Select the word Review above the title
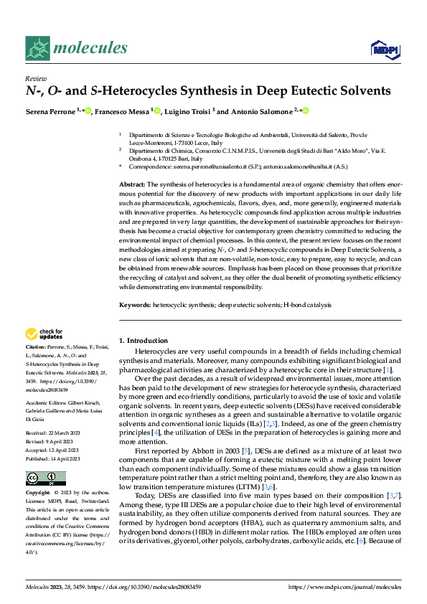tap(34, 78)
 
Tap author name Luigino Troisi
tap(189, 111)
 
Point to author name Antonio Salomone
tap(261, 111)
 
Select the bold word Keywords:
tap(134, 305)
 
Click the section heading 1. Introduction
tap(143, 340)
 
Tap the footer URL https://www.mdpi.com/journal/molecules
tap(344, 587)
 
